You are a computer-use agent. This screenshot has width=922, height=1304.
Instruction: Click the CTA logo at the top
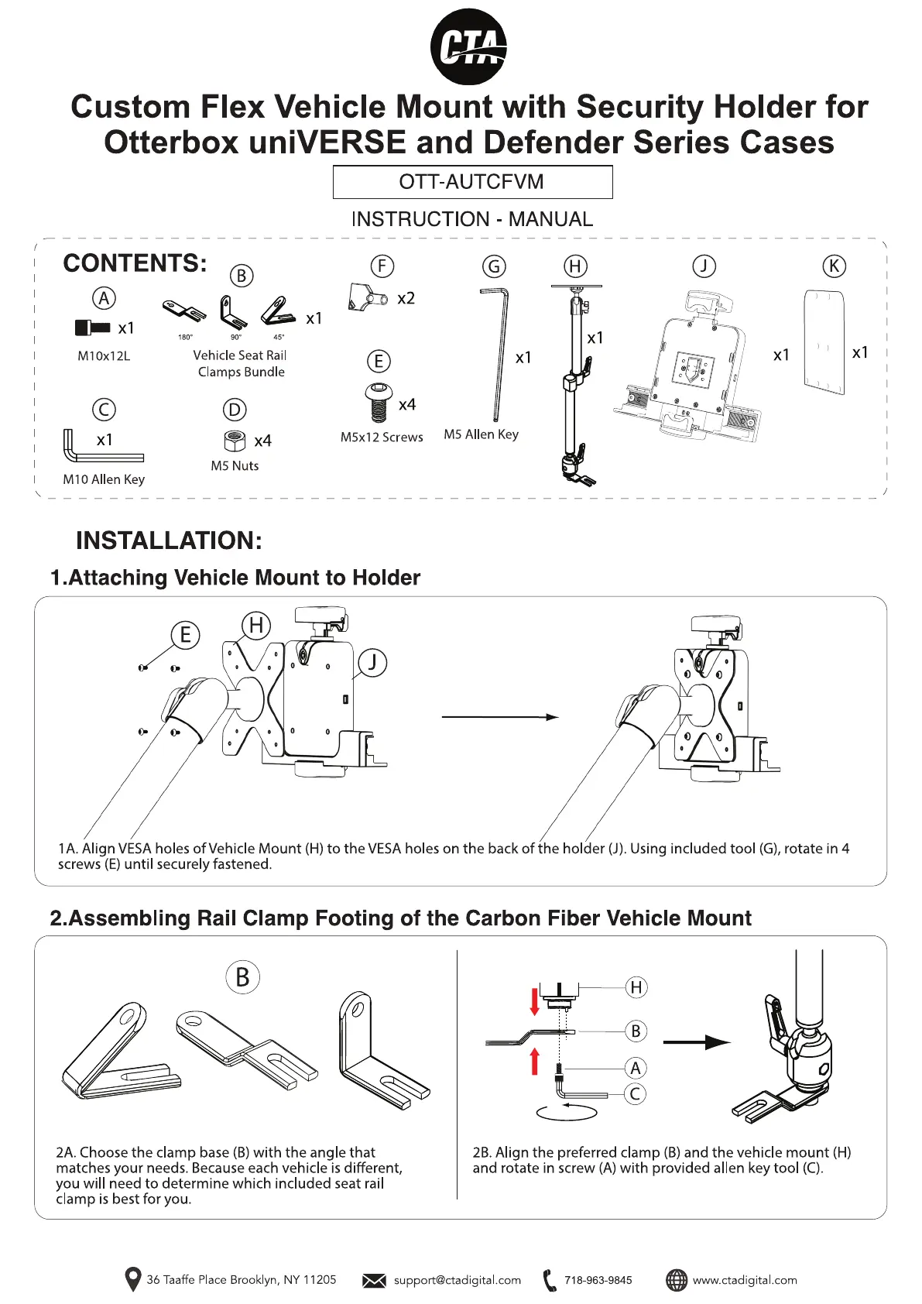[468, 46]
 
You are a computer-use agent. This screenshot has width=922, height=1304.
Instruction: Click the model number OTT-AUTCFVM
[471, 182]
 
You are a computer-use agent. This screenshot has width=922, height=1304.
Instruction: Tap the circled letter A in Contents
[105, 298]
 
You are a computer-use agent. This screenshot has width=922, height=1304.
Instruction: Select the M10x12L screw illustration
[92, 328]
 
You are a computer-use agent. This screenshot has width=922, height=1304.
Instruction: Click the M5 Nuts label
[235, 465]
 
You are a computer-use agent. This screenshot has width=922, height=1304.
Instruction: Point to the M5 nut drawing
[235, 440]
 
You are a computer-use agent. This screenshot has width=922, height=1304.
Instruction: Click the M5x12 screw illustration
[379, 402]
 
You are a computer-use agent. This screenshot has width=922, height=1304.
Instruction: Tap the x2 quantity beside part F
[406, 299]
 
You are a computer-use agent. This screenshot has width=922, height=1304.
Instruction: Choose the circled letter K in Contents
[834, 266]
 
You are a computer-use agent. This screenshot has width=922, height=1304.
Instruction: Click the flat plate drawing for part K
[824, 342]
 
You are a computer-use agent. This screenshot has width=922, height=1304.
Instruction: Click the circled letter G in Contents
[494, 266]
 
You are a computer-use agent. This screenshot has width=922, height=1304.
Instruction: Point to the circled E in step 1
[186, 634]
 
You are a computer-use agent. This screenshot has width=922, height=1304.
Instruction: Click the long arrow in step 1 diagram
[500, 717]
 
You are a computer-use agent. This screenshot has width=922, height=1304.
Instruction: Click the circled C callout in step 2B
[636, 1094]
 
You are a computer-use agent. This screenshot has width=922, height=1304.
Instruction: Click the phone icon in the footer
[550, 1280]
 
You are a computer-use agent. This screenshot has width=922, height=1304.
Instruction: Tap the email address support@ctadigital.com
[458, 1280]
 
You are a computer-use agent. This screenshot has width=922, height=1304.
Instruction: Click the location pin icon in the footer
[133, 1279]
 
